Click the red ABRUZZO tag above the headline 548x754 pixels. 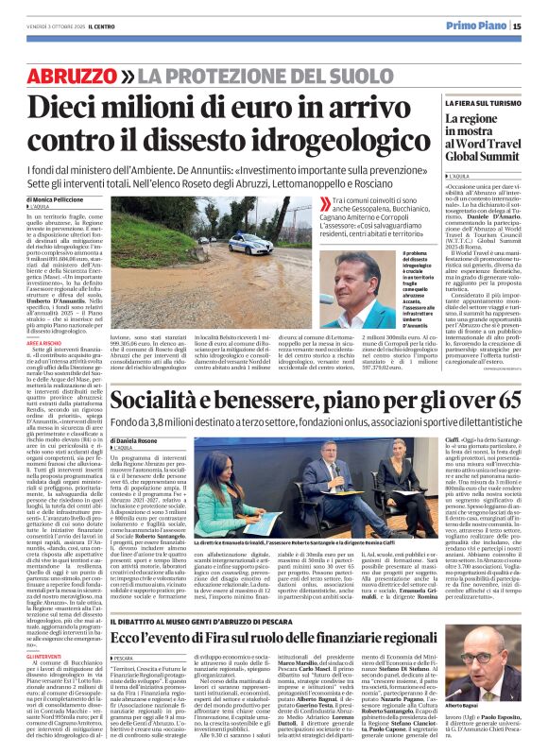(78, 75)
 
